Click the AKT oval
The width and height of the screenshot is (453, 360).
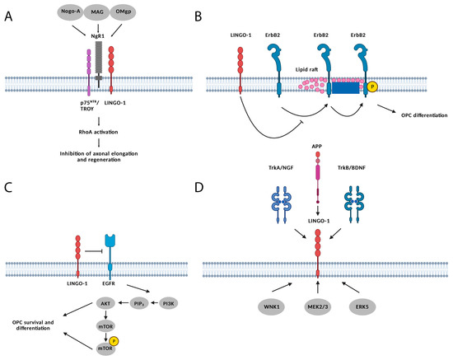point(103,302)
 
